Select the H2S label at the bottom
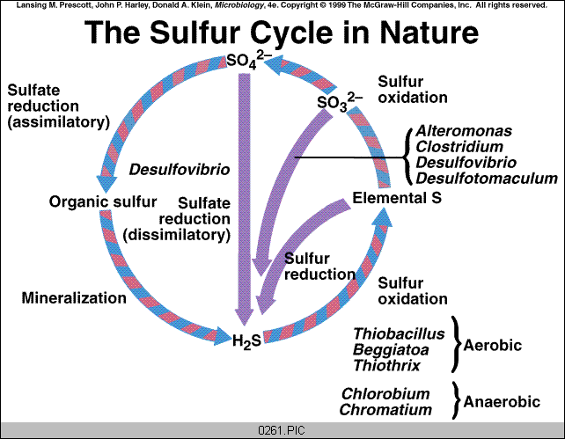[x=246, y=340]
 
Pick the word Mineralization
[x=74, y=297]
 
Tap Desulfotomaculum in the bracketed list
[x=487, y=179]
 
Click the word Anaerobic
[x=498, y=402]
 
